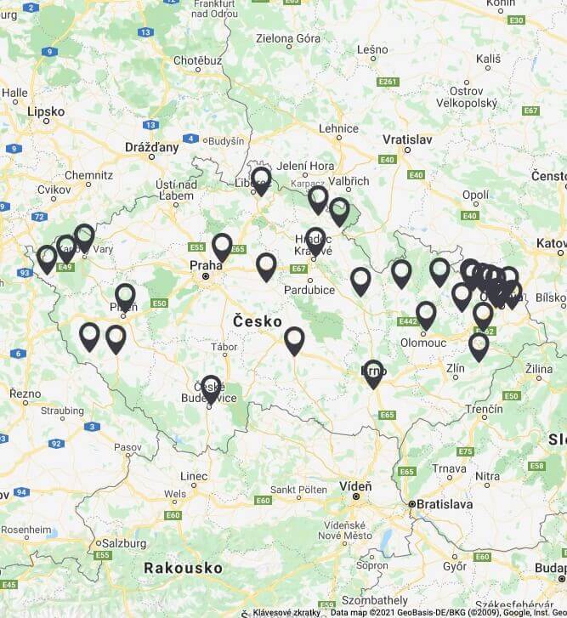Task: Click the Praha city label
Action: (x=205, y=265)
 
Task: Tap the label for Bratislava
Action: (x=442, y=504)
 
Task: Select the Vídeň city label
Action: (x=355, y=485)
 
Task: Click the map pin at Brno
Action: (x=373, y=372)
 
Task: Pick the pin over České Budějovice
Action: (x=211, y=388)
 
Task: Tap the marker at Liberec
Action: (x=261, y=179)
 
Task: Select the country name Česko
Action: (x=257, y=321)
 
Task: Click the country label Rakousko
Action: (x=183, y=567)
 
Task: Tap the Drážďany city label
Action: (x=152, y=147)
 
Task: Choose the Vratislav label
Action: (x=408, y=139)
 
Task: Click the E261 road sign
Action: (x=388, y=82)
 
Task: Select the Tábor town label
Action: (x=224, y=348)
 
